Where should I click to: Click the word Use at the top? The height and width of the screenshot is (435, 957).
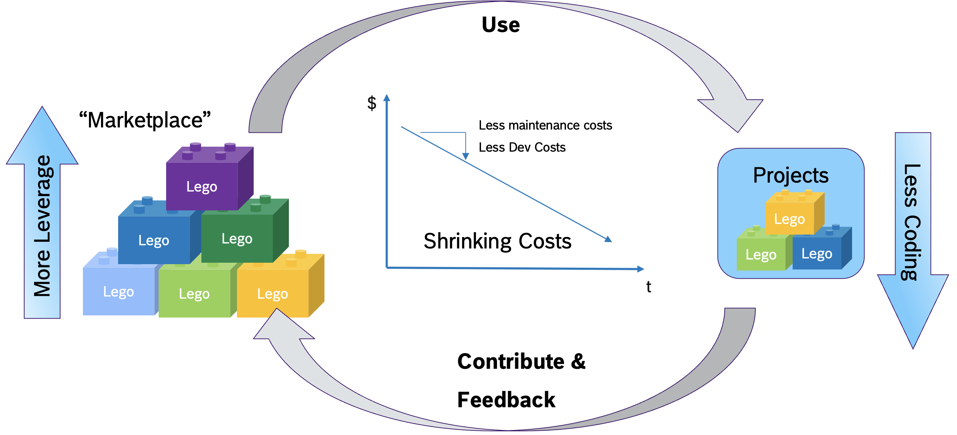[x=501, y=25]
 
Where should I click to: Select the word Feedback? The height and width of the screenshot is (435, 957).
[x=506, y=400]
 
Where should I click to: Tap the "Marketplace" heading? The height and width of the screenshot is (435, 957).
[x=145, y=120]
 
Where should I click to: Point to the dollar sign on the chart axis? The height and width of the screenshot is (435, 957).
[x=371, y=103]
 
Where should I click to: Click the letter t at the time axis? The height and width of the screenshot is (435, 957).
[x=649, y=287]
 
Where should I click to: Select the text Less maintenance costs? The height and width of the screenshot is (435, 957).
[x=545, y=125]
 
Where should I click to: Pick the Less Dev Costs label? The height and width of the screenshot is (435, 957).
[x=522, y=147]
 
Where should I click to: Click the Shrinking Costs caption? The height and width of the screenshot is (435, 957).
[x=497, y=241]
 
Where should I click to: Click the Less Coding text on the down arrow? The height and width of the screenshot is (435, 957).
[x=912, y=222]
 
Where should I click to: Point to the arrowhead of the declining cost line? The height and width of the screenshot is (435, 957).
[x=608, y=239]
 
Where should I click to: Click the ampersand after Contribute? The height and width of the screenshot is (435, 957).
[x=578, y=361]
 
